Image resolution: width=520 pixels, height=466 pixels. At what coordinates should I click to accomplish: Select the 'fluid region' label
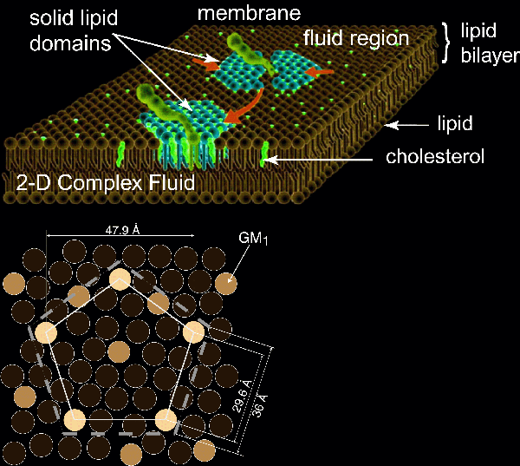tap(355, 38)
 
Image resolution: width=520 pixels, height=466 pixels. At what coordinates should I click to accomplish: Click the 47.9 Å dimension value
tap(119, 228)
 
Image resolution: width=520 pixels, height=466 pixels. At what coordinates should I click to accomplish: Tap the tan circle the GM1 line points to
tap(227, 282)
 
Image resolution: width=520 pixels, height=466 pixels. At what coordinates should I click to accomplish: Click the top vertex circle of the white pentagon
tap(120, 279)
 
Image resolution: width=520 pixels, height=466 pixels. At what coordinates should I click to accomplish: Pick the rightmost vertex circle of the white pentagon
tap(192, 331)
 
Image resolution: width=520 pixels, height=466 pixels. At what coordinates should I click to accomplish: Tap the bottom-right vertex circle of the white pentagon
tap(166, 420)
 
